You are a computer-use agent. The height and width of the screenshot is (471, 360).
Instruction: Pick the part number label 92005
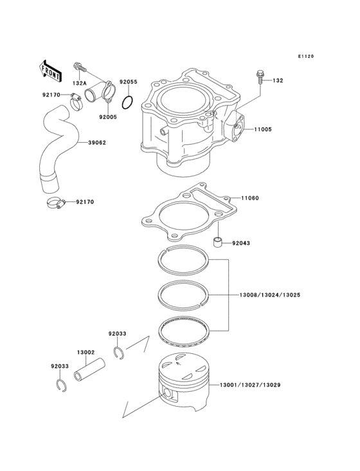(x=108, y=117)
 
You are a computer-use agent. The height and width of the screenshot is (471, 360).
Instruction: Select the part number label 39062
(x=98, y=143)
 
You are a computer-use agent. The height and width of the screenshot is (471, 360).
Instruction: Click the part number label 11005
(x=262, y=129)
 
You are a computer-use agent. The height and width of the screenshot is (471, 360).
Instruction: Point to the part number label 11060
(x=250, y=198)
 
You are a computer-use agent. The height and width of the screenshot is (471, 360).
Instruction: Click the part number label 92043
(x=241, y=244)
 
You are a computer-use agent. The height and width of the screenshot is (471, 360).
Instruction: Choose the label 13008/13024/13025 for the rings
(x=270, y=295)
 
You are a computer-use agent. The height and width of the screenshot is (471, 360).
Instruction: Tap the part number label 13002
(x=86, y=353)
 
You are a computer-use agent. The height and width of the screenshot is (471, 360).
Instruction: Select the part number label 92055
(x=129, y=82)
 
